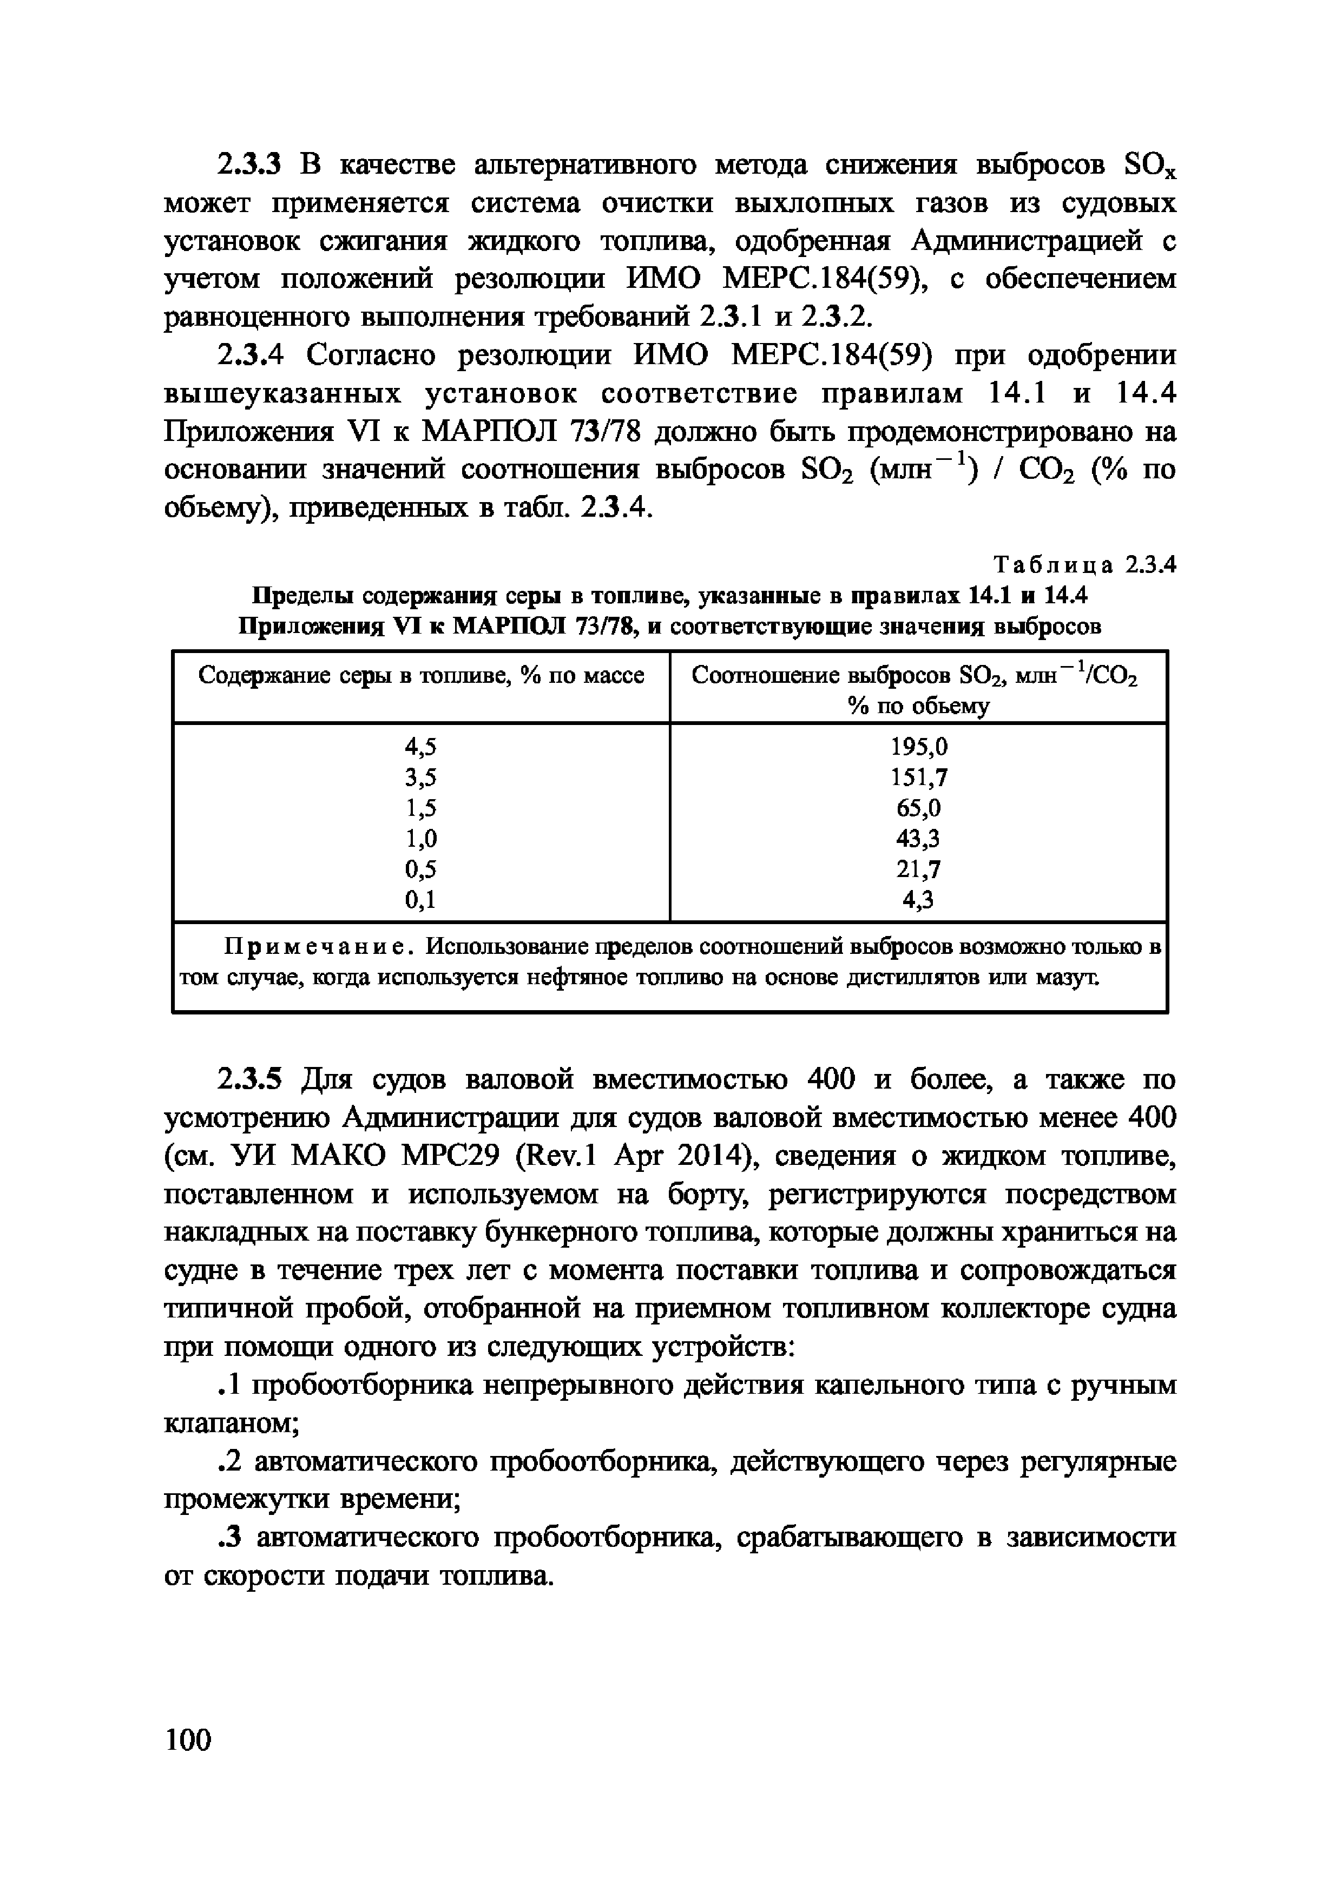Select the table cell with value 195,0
(919, 747)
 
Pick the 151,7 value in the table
(919, 778)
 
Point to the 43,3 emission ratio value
(919, 839)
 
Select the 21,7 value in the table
(919, 869)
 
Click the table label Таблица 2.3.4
(1084, 565)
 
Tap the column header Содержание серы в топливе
(421, 676)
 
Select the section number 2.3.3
(249, 166)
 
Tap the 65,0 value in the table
(919, 808)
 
